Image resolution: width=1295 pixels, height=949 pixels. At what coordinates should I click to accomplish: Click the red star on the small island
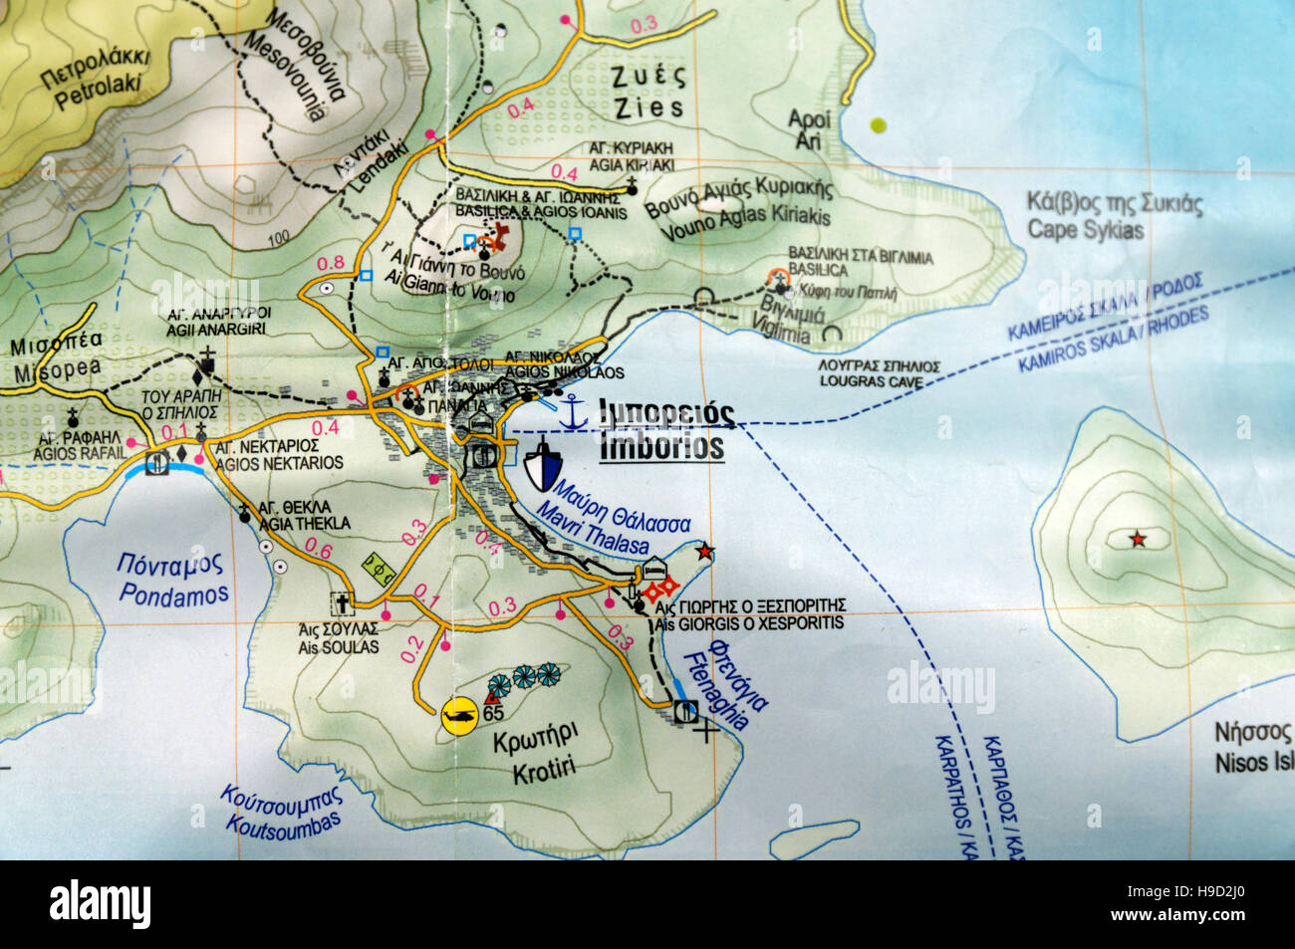coord(1137,540)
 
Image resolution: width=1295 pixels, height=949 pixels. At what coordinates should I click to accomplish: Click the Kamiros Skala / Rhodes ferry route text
coord(1114,326)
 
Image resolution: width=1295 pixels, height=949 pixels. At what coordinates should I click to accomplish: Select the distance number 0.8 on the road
coord(330,264)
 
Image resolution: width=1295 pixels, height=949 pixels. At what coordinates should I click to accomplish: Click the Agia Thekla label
coord(303,514)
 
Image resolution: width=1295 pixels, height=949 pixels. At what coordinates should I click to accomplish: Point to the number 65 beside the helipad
coord(493,714)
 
